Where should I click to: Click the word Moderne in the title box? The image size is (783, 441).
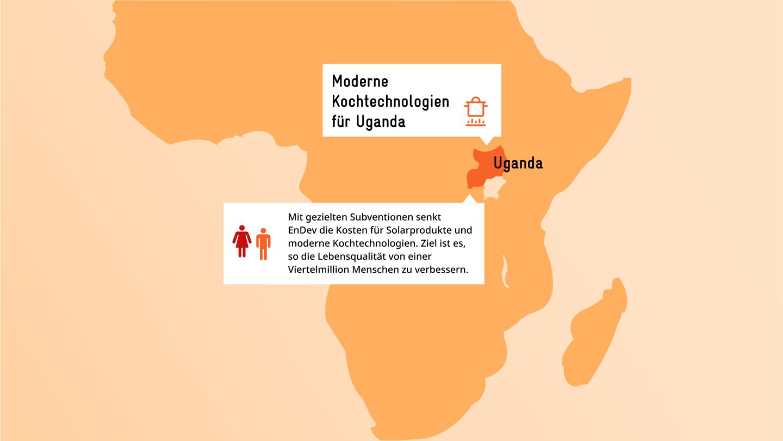(x=360, y=82)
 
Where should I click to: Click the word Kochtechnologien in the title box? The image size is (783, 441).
(x=390, y=102)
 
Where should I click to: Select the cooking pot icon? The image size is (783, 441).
(x=476, y=112)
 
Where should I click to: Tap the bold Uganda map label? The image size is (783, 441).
(x=518, y=163)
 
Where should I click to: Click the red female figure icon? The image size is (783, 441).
(x=242, y=242)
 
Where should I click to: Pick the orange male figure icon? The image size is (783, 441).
(x=263, y=243)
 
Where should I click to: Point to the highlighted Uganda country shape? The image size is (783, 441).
(x=482, y=169)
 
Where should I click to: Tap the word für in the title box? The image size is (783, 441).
(x=341, y=121)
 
